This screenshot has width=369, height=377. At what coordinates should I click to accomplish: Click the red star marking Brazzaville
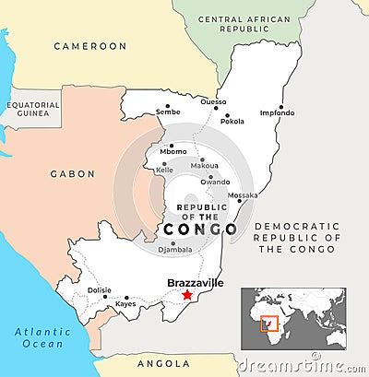coord(187,295)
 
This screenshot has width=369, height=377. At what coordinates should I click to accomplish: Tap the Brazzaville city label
coord(194,283)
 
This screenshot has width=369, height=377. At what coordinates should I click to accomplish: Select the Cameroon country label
coord(89,45)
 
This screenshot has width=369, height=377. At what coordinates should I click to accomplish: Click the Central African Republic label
coord(244,24)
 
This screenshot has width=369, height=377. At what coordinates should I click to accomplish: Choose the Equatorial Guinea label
coord(33,109)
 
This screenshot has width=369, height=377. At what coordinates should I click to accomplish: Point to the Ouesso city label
coord(213,102)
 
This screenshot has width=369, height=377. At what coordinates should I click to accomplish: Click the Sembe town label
coord(168,112)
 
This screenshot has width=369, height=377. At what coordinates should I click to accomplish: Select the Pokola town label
coord(232,121)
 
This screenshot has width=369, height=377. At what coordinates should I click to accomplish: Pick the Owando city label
coord(216,182)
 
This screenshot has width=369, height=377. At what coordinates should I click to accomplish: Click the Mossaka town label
coord(243,195)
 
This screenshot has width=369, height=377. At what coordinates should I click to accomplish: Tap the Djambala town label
coord(175,249)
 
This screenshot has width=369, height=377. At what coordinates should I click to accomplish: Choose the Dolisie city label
coord(100,290)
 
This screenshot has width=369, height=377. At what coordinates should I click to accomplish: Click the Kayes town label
coord(125,303)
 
